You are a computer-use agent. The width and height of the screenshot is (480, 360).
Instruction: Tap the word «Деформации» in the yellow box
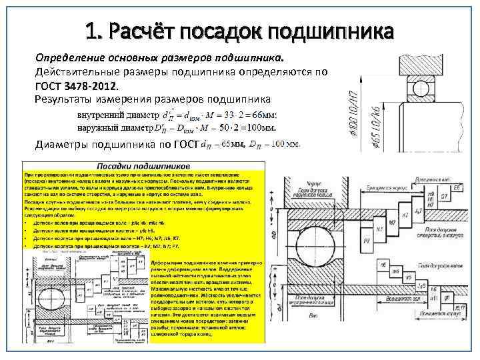pos(173,255)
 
